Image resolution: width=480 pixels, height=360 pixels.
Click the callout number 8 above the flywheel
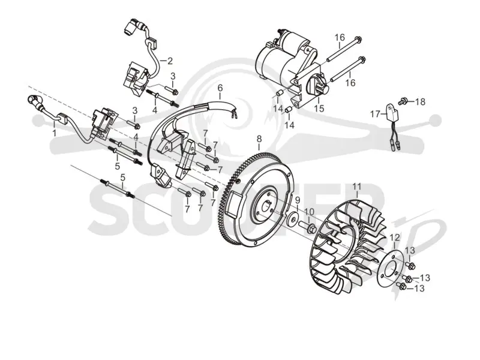pyautogui.click(x=259, y=139)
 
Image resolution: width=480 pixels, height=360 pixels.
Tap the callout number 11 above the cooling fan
pyautogui.click(x=357, y=187)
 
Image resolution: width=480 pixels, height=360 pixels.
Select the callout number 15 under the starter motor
pyautogui.click(x=319, y=109)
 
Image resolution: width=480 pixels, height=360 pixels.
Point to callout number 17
pyautogui.click(x=375, y=115)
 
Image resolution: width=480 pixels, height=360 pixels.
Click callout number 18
pyautogui.click(x=421, y=101)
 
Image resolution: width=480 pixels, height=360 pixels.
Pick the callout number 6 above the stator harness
pyautogui.click(x=220, y=88)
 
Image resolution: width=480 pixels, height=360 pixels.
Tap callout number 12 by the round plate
pyautogui.click(x=395, y=237)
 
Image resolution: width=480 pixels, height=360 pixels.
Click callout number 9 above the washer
pyautogui.click(x=298, y=200)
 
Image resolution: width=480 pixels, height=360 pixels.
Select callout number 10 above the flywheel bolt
pyautogui.click(x=309, y=212)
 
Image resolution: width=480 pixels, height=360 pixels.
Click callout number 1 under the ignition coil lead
pyautogui.click(x=54, y=133)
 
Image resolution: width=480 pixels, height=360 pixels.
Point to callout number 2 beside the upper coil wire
pyautogui.click(x=170, y=61)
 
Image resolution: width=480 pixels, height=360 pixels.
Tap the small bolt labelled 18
pyautogui.click(x=403, y=100)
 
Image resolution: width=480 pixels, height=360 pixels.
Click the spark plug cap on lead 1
pyautogui.click(x=33, y=100)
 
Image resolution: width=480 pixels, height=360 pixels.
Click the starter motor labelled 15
pyautogui.click(x=291, y=68)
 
